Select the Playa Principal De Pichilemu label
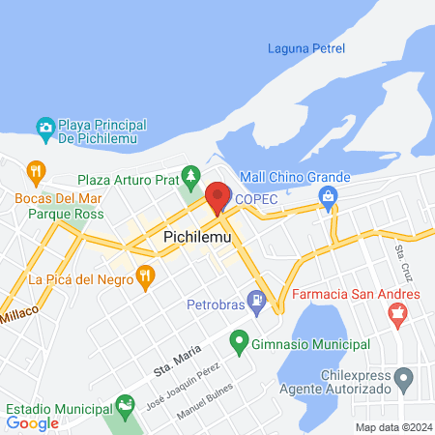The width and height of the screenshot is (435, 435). coord(101,133)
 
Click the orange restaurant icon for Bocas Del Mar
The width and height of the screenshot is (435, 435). coord(37,173)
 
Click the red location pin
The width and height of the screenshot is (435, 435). coord(217,197)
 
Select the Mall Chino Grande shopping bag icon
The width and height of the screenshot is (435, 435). coord(329,197)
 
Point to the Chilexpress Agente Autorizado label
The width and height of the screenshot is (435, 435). coord(358,381)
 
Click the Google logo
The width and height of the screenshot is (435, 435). coord(33,422)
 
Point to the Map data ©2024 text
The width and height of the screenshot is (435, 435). coord(392,427)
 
